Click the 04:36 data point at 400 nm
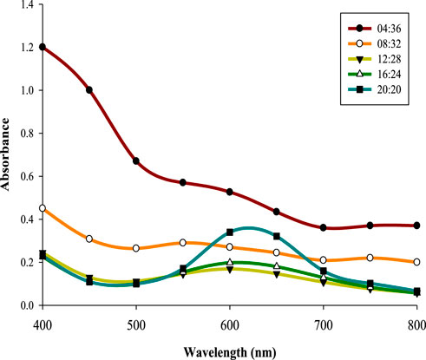pyautogui.click(x=43, y=47)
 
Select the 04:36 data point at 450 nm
pyautogui.click(x=89, y=90)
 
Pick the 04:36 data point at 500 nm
pyautogui.click(x=136, y=161)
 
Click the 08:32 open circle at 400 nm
pyautogui.click(x=43, y=208)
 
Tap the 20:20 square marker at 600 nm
pyautogui.click(x=230, y=232)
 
